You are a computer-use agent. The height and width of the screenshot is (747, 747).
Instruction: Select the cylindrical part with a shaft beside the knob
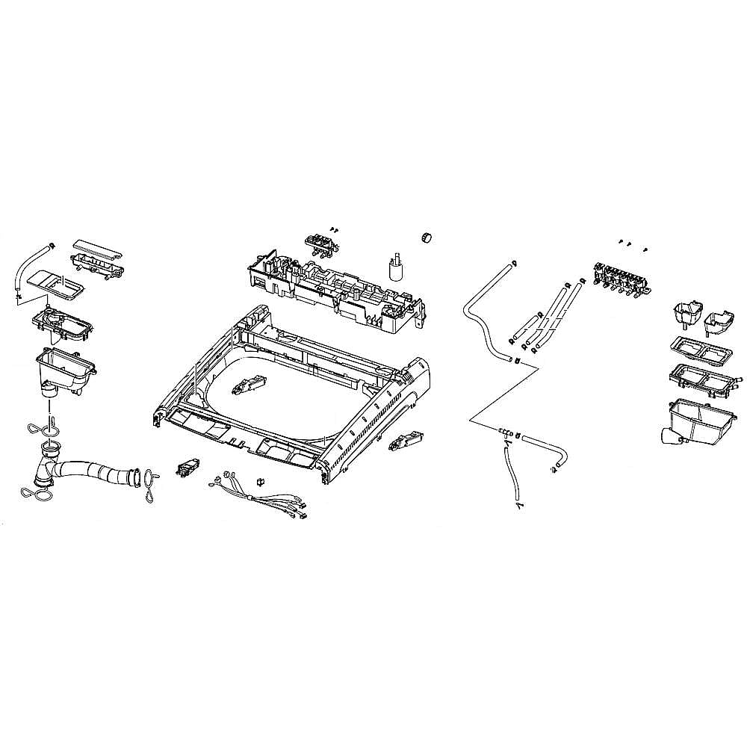397,268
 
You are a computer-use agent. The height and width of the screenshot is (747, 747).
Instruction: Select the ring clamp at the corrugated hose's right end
152,478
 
